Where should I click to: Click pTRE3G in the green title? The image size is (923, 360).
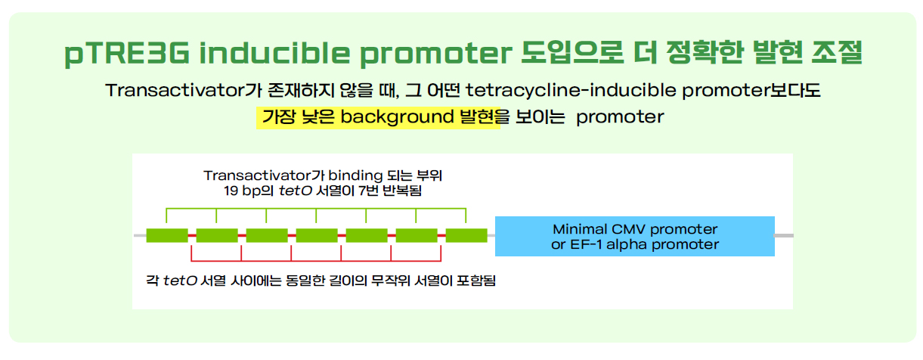[127, 54]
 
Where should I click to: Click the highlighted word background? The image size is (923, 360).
[397, 117]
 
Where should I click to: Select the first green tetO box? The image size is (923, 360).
[167, 235]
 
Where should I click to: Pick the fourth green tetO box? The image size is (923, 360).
[317, 235]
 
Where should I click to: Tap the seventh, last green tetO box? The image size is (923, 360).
[466, 235]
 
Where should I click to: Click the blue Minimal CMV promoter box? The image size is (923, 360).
[634, 236]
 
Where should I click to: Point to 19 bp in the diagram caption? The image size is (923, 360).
[243, 191]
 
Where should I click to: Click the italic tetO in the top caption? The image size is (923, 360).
[295, 191]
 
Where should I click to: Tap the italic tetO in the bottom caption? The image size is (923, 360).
[180, 281]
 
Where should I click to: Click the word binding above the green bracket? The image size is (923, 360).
[350, 176]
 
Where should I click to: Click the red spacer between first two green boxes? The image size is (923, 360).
[192, 235]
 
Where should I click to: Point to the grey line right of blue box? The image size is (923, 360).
[784, 235]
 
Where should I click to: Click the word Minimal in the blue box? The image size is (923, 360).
[580, 229]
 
